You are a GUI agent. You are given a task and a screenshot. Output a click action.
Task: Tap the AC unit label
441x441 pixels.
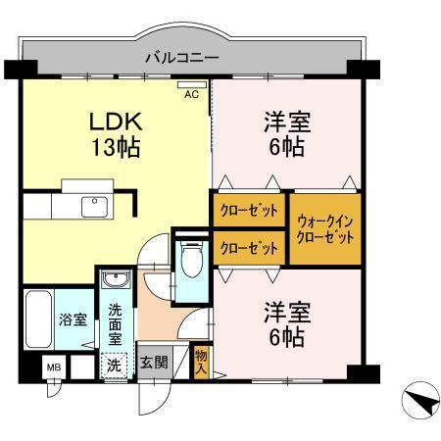click(x=192, y=94)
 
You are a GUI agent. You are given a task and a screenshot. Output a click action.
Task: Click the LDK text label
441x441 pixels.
click(x=118, y=122)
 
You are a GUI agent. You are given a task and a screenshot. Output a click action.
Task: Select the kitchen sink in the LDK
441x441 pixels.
click(x=96, y=206)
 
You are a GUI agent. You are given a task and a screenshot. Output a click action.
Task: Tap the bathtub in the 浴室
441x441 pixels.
click(x=39, y=318)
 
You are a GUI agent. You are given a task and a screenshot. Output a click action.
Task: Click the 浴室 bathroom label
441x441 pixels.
click(x=73, y=320)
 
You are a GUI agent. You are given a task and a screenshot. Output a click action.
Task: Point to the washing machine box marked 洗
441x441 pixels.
click(x=116, y=364)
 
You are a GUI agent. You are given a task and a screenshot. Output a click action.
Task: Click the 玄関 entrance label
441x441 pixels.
click(x=154, y=363)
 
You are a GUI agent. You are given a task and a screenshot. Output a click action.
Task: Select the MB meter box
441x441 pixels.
click(x=55, y=368)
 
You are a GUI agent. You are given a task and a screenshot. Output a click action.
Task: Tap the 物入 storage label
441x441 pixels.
click(x=201, y=361)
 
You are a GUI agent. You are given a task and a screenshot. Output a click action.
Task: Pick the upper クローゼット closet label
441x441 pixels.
click(x=248, y=211)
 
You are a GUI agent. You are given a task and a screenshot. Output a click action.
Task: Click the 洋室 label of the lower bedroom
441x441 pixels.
click(x=286, y=313)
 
